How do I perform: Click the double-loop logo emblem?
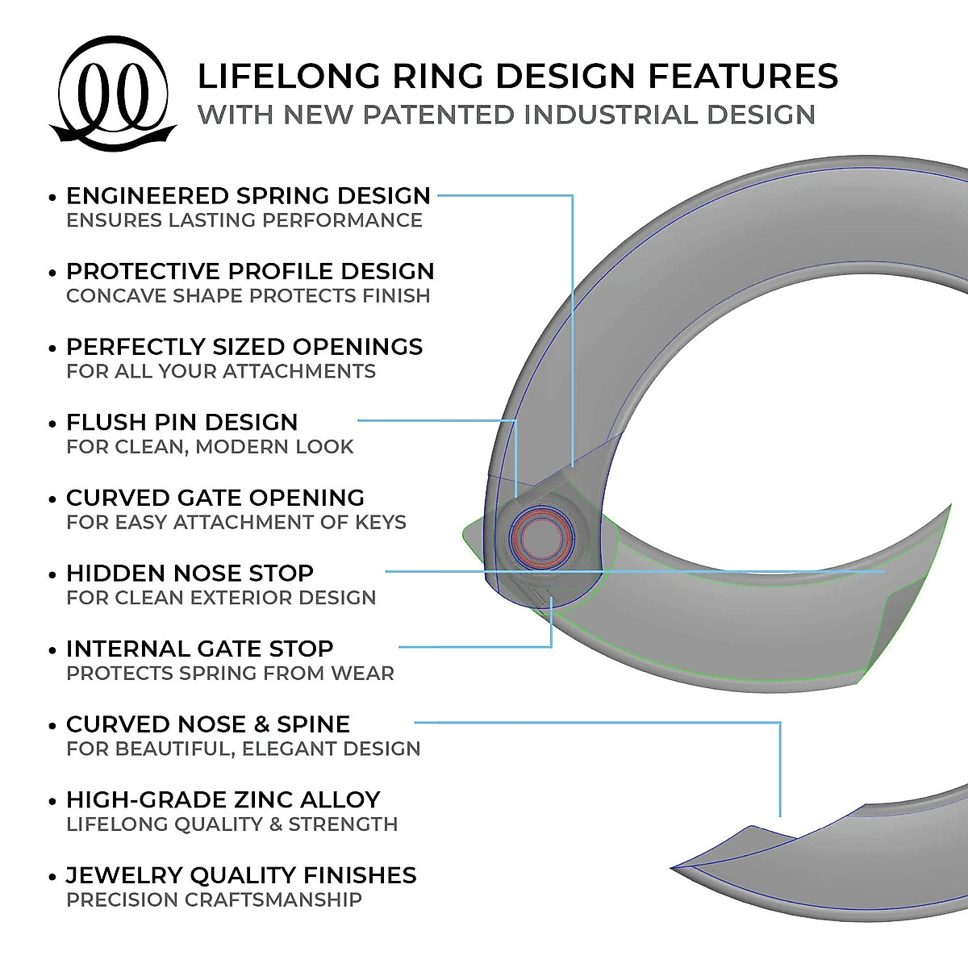coord(113,93)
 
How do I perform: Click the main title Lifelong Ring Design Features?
coord(517,76)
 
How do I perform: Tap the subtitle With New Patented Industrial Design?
coord(506,115)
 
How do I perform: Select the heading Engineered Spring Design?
coord(248,196)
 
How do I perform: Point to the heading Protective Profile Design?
coord(250,271)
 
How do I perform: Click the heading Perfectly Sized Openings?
coord(244,347)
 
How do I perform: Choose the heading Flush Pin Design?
coord(181,422)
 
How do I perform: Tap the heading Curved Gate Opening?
coord(215,498)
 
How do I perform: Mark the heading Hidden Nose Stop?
coord(190,574)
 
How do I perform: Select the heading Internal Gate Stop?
coord(199,649)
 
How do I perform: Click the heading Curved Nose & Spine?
coord(208,724)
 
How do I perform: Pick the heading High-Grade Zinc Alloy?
coord(223,799)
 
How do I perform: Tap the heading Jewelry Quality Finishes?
coord(241,875)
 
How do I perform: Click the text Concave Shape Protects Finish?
coord(248,296)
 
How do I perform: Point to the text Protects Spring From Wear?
coord(230,674)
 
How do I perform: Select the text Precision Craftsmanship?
coord(214,900)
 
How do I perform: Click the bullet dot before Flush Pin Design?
coord(53,423)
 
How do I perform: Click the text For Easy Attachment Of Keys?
coord(236,523)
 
